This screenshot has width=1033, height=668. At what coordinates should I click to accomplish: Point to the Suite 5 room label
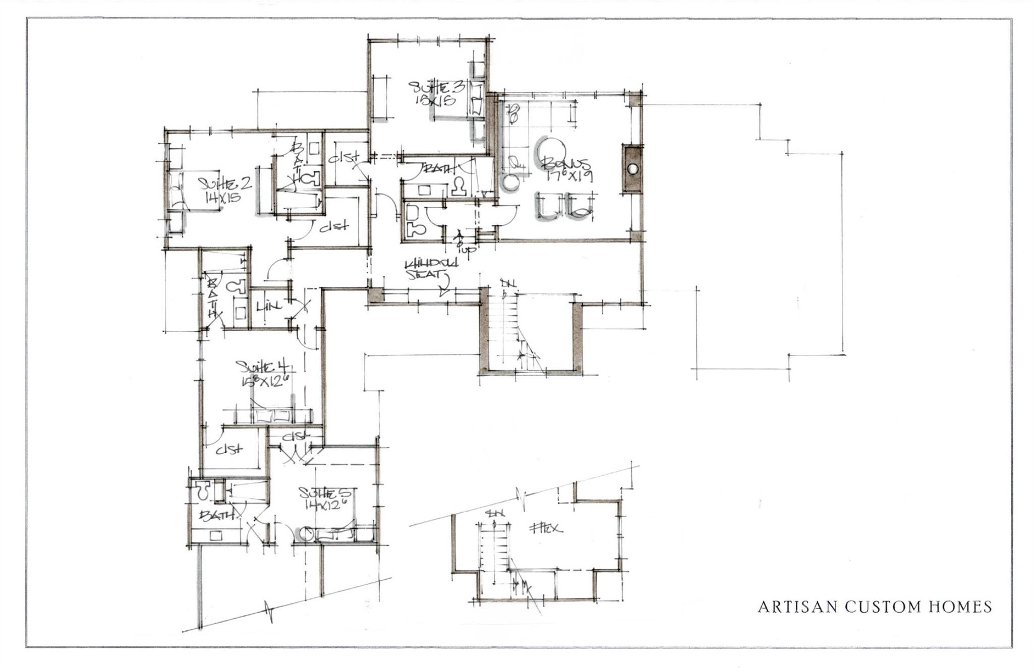327,492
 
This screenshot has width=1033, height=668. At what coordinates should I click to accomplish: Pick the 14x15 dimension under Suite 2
222,197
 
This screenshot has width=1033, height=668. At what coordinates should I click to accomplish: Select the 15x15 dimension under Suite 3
435,100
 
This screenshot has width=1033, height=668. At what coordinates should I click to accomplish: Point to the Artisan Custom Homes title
875,606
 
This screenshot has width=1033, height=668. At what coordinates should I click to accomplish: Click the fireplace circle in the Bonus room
633,169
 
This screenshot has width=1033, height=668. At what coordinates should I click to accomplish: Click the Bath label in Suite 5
218,515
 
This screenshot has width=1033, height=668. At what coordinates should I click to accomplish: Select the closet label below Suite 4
229,449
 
